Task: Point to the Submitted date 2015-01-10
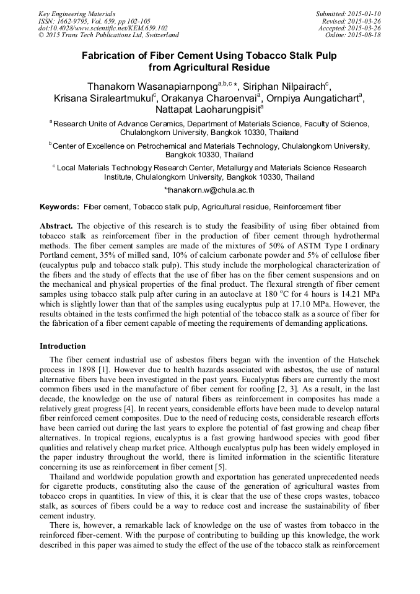pyautogui.click(x=349, y=13)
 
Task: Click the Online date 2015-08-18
pyautogui.click(x=353, y=35)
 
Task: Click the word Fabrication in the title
pyautogui.click(x=113, y=55)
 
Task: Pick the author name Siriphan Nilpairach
pyautogui.click(x=281, y=85)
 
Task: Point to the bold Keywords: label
pyautogui.click(x=59, y=206)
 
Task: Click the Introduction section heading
pyautogui.click(x=63, y=346)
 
